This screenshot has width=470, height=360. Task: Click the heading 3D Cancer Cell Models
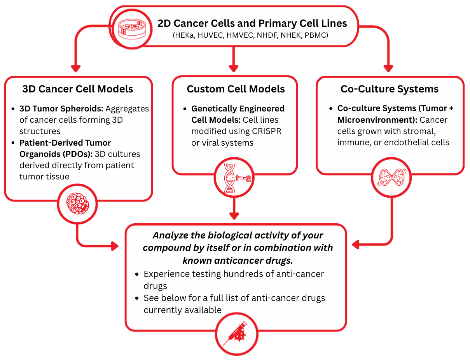(x=78, y=89)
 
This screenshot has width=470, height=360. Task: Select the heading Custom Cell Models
(x=236, y=89)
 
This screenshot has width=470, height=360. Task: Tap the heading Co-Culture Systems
(x=390, y=89)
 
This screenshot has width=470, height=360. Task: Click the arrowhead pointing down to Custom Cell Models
(x=233, y=68)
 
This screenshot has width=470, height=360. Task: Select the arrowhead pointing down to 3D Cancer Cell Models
(x=76, y=68)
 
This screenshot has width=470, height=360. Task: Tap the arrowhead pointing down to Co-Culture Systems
(x=388, y=68)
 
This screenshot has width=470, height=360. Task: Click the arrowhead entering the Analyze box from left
(x=114, y=245)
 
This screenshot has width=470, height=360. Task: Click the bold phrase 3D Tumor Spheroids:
(x=61, y=109)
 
